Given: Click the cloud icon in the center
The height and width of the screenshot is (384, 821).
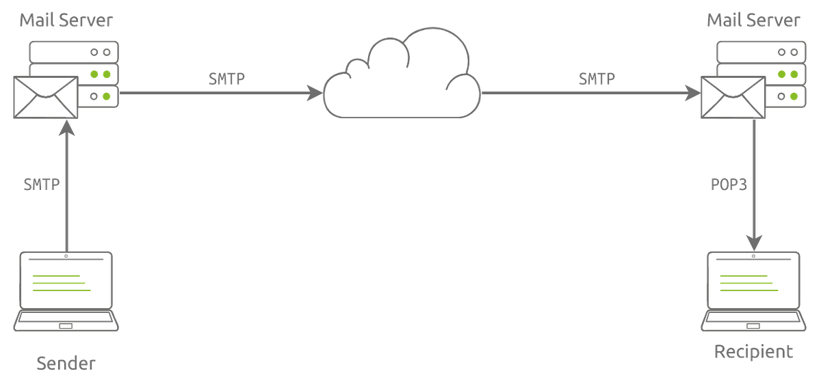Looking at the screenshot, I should (x=402, y=79).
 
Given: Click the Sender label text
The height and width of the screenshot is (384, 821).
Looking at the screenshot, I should (x=66, y=362).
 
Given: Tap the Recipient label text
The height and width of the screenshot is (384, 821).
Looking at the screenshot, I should (x=753, y=352).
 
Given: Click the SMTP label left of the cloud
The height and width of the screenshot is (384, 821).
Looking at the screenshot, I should (x=226, y=79).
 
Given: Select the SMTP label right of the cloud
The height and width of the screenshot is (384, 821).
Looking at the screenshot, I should (x=597, y=79).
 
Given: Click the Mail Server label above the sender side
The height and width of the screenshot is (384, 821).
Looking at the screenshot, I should (x=66, y=22).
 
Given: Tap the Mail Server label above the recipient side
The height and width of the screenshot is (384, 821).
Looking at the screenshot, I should (x=753, y=22).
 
